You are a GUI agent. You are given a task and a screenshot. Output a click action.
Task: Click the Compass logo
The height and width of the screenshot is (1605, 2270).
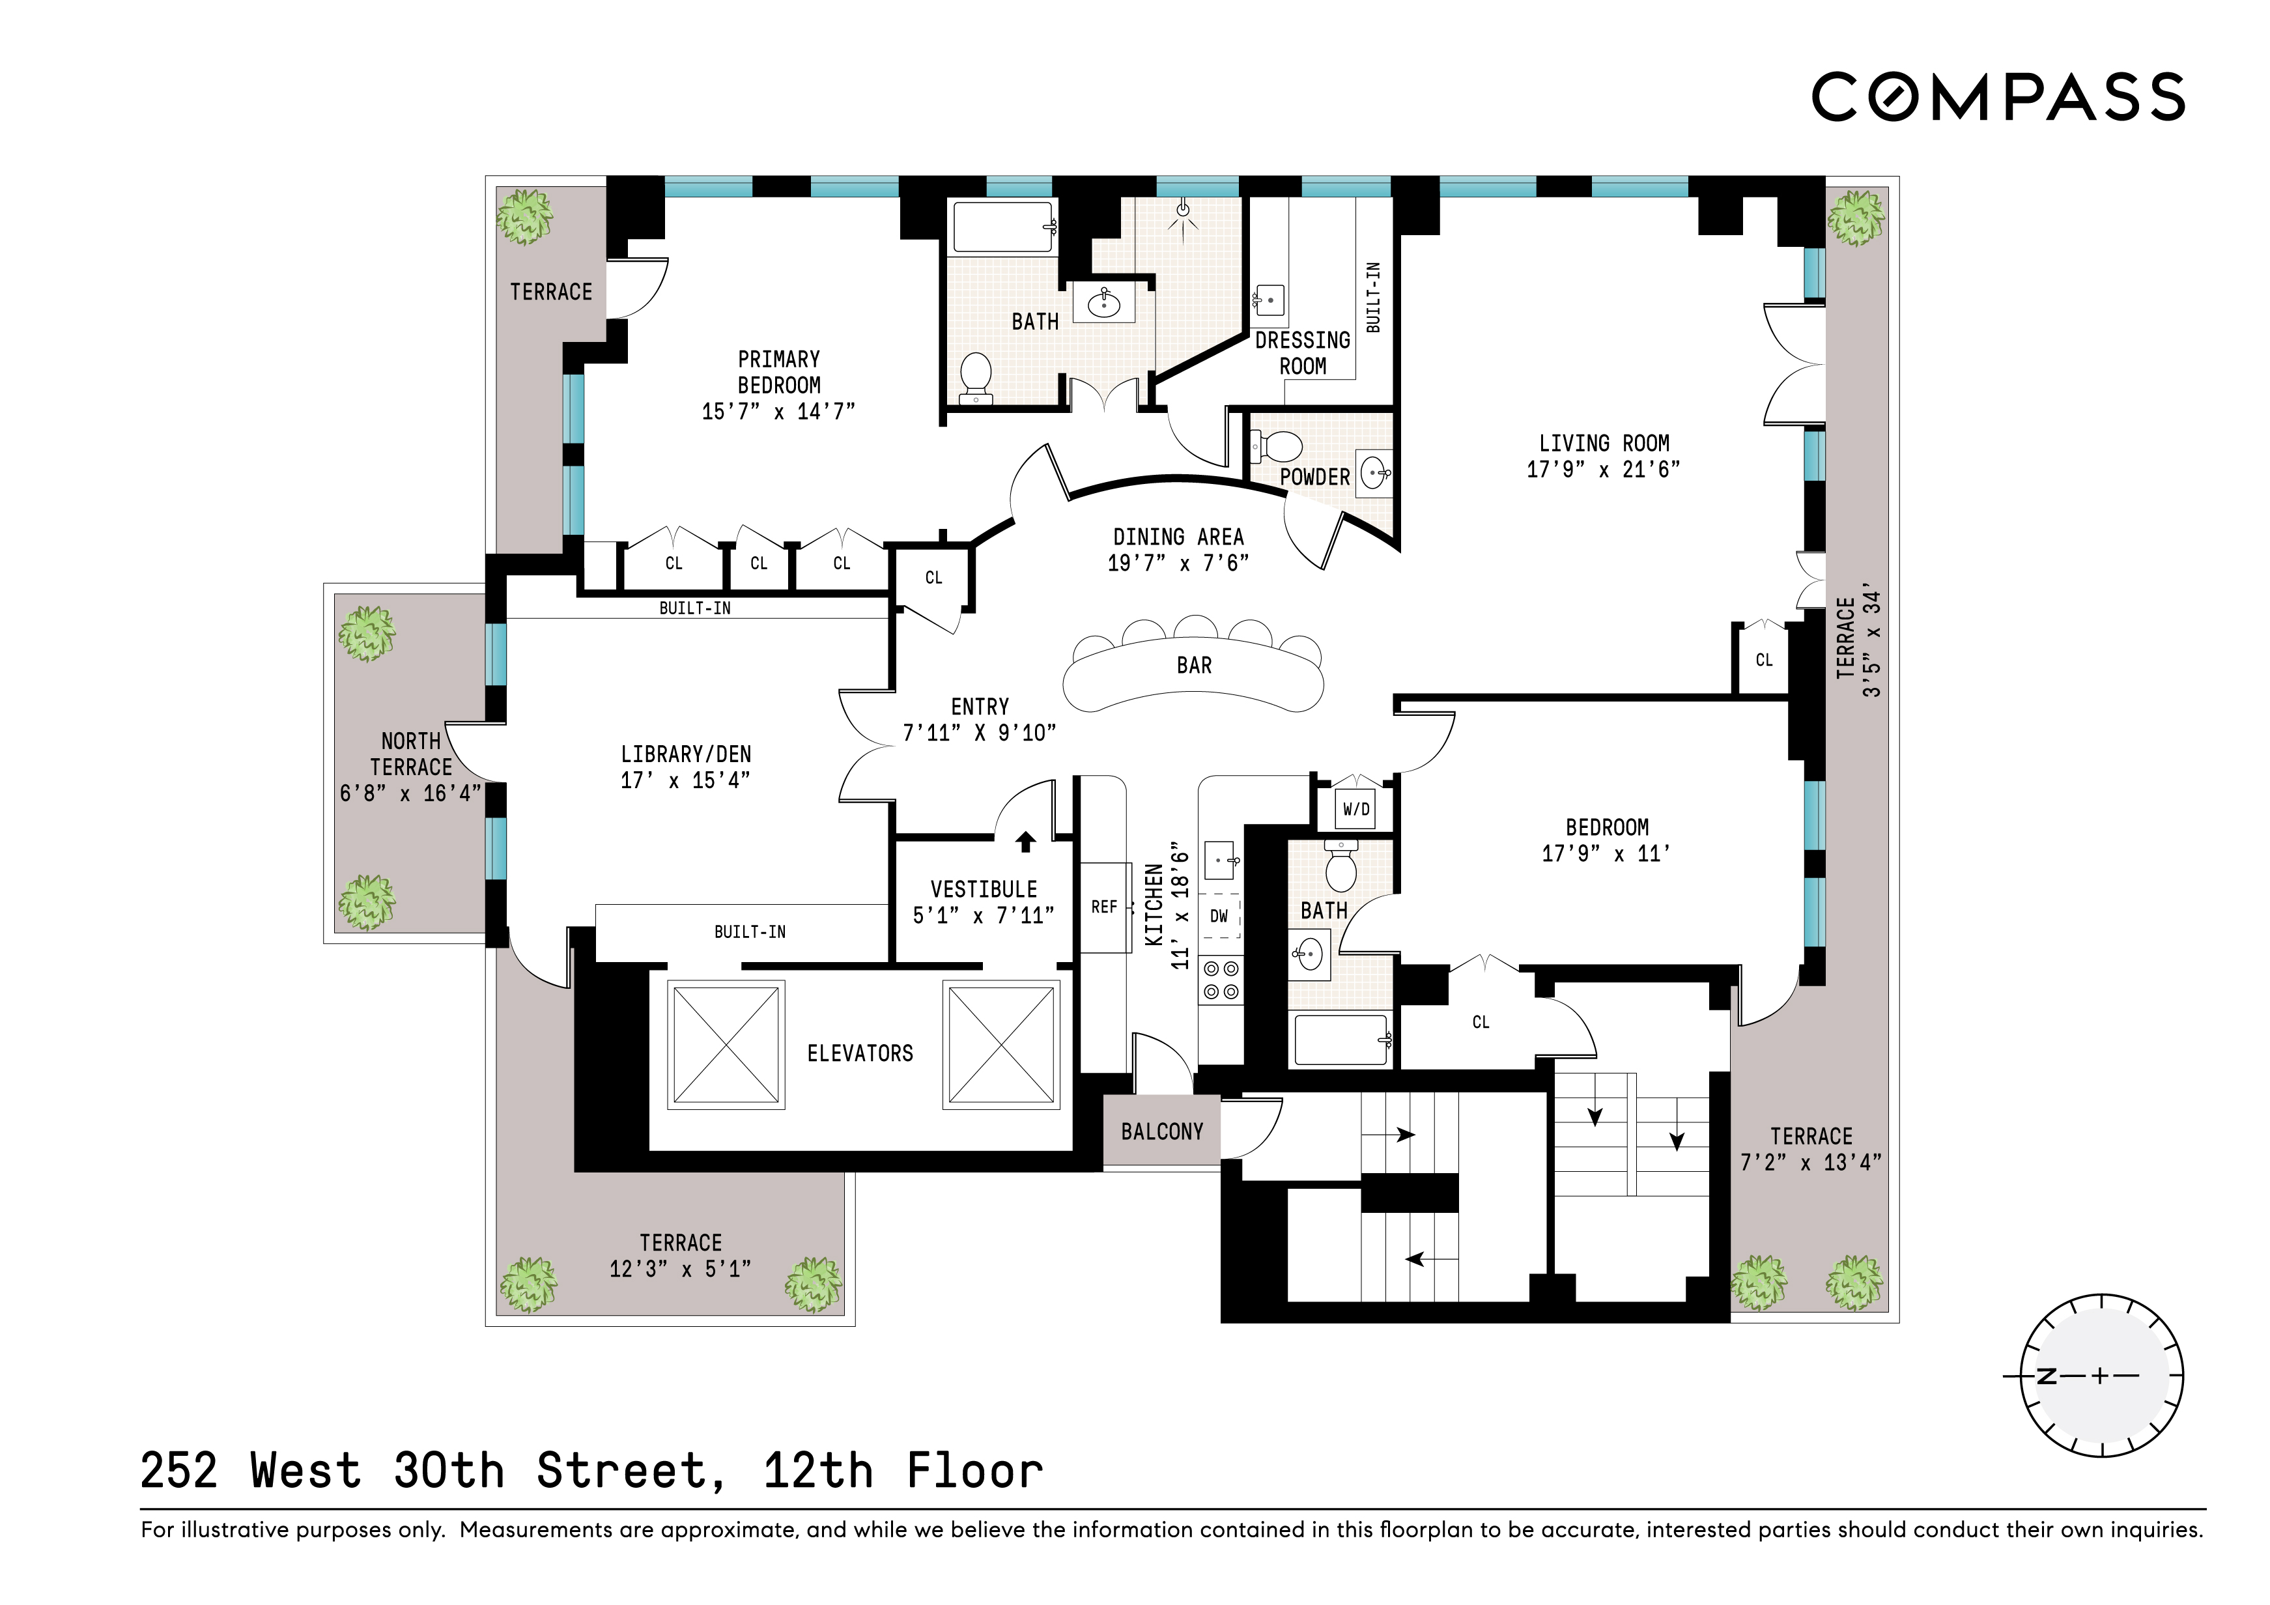pyautogui.click(x=1997, y=97)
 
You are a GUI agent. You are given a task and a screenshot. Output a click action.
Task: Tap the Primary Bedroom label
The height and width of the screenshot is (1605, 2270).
pyautogui.click(x=778, y=372)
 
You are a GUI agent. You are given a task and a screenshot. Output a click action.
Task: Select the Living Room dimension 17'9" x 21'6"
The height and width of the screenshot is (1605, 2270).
pyautogui.click(x=1602, y=470)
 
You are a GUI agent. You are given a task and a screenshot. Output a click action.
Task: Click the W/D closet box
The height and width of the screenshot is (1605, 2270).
pyautogui.click(x=1355, y=809)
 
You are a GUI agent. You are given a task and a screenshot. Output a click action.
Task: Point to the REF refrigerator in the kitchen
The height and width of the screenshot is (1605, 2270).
pyautogui.click(x=1103, y=907)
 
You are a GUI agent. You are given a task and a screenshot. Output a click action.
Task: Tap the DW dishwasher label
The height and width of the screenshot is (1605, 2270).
pyautogui.click(x=1219, y=916)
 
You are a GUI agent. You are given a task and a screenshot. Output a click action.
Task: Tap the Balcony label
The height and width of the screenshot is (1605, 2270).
pyautogui.click(x=1161, y=1131)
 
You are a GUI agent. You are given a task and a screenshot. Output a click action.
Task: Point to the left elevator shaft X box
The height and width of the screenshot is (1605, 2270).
pyautogui.click(x=726, y=1044)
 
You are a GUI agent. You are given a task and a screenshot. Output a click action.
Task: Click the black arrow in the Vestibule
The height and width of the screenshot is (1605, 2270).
pyautogui.click(x=1025, y=842)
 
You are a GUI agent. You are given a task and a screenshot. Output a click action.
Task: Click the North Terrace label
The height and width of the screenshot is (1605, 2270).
pyautogui.click(x=410, y=754)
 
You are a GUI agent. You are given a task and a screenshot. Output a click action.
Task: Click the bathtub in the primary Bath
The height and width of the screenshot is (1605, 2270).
pyautogui.click(x=1002, y=227)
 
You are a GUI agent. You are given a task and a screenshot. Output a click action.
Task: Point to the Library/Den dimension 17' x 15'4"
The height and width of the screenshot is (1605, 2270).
pyautogui.click(x=685, y=780)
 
